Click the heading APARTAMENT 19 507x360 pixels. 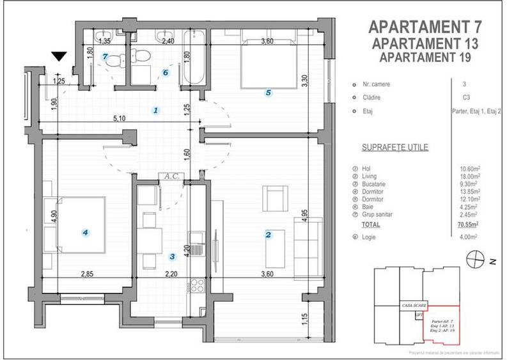coord(424,58)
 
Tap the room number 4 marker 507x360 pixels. coord(85,232)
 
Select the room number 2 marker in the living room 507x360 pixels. coord(268,235)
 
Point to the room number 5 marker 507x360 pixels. coord(268,93)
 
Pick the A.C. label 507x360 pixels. coord(170,176)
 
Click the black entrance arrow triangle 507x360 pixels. coord(59,58)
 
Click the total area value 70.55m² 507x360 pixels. coord(471,225)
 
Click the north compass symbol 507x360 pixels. coord(475,259)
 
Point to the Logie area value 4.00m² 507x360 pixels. coord(471,237)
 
